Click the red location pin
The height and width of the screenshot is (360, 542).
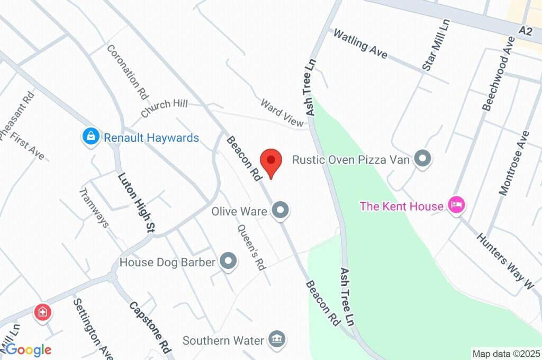[x=271, y=161]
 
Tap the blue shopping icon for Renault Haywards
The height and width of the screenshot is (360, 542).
[x=91, y=137]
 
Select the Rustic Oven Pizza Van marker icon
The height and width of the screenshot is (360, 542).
[x=422, y=158]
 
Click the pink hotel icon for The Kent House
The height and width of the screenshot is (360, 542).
[x=456, y=205]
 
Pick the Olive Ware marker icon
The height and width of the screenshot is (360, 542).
[x=281, y=211]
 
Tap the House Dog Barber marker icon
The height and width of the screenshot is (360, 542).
[x=229, y=262]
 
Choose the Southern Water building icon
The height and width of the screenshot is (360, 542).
[x=276, y=339]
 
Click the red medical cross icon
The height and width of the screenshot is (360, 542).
[x=42, y=312]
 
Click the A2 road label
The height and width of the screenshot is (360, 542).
[x=525, y=31]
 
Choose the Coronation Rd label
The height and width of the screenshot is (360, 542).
[x=127, y=72]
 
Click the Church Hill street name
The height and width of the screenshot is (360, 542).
[x=164, y=108]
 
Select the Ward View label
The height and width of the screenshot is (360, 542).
[x=281, y=112]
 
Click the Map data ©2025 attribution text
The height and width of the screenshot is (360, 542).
[x=507, y=353]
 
